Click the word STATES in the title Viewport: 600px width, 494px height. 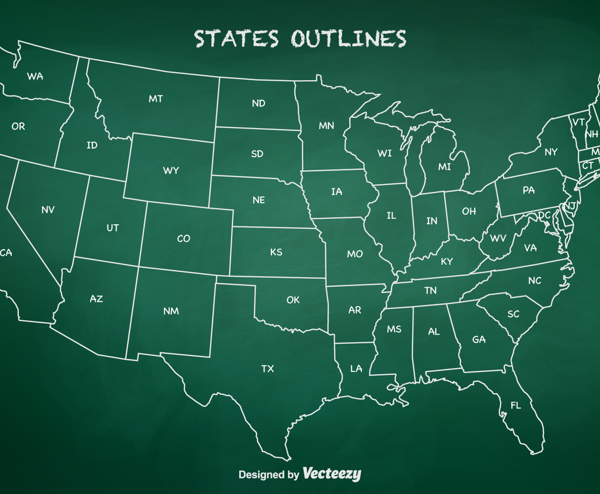point(236,39)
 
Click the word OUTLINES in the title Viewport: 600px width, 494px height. point(349,39)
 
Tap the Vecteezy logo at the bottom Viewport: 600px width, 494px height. point(332,474)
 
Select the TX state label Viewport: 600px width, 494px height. point(268,368)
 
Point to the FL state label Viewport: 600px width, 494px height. point(515,405)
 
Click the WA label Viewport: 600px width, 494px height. point(35,77)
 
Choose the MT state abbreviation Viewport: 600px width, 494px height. point(155,99)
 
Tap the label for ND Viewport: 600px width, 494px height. point(258,103)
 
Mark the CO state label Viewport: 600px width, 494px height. point(183,239)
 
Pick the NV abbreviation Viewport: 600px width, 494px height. point(48,210)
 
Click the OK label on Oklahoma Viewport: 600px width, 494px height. point(293,300)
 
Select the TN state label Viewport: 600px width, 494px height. point(430,290)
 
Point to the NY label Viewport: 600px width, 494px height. point(551,152)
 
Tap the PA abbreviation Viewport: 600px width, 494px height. point(529,190)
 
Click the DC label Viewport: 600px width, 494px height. point(544,216)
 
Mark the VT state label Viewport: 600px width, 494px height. point(578,122)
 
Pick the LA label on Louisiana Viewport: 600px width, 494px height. point(357,368)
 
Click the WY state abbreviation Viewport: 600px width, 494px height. point(171,170)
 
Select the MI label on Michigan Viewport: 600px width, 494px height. point(445,167)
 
